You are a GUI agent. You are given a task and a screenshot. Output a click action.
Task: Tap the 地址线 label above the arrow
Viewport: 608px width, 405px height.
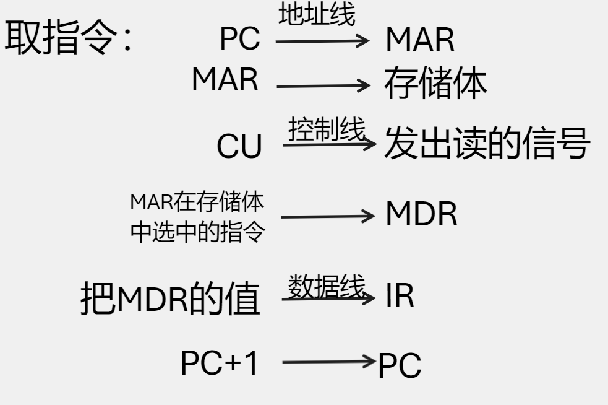click(x=317, y=15)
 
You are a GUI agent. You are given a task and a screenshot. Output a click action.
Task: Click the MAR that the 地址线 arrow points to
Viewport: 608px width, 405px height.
click(x=421, y=41)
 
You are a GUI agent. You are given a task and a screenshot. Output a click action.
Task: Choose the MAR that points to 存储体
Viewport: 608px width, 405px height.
click(x=225, y=81)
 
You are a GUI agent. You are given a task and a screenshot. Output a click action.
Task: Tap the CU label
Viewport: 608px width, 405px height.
click(x=239, y=147)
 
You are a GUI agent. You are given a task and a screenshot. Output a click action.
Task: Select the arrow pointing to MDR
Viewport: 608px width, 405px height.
click(x=328, y=216)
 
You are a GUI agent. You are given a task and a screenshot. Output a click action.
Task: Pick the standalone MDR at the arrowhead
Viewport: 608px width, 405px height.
click(x=422, y=215)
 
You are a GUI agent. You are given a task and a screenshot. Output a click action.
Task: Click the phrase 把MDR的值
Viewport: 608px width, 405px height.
click(x=170, y=300)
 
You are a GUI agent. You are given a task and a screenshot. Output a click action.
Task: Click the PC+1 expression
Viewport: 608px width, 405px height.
click(x=218, y=364)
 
